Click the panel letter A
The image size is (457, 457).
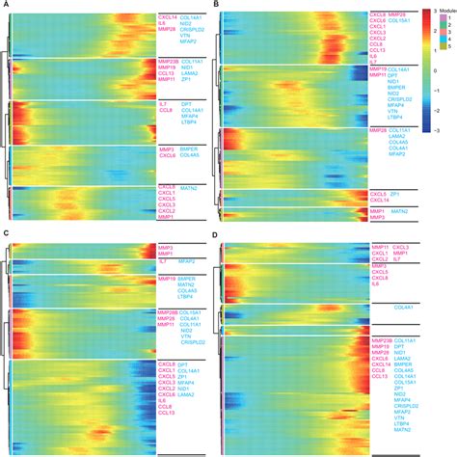click(6, 6)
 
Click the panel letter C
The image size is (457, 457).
click(6, 234)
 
